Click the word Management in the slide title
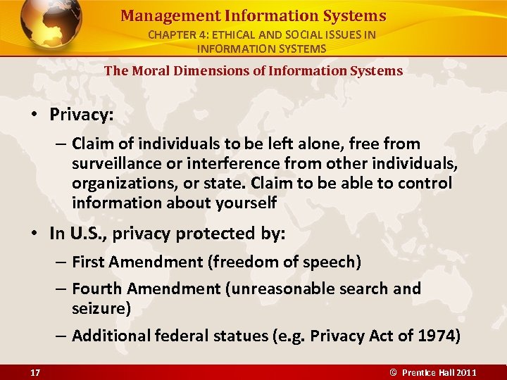point(158,15)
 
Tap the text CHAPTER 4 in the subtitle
point(176,34)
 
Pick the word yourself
point(242,203)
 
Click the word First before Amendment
point(88,262)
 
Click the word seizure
point(97,308)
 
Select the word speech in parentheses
point(332,262)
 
